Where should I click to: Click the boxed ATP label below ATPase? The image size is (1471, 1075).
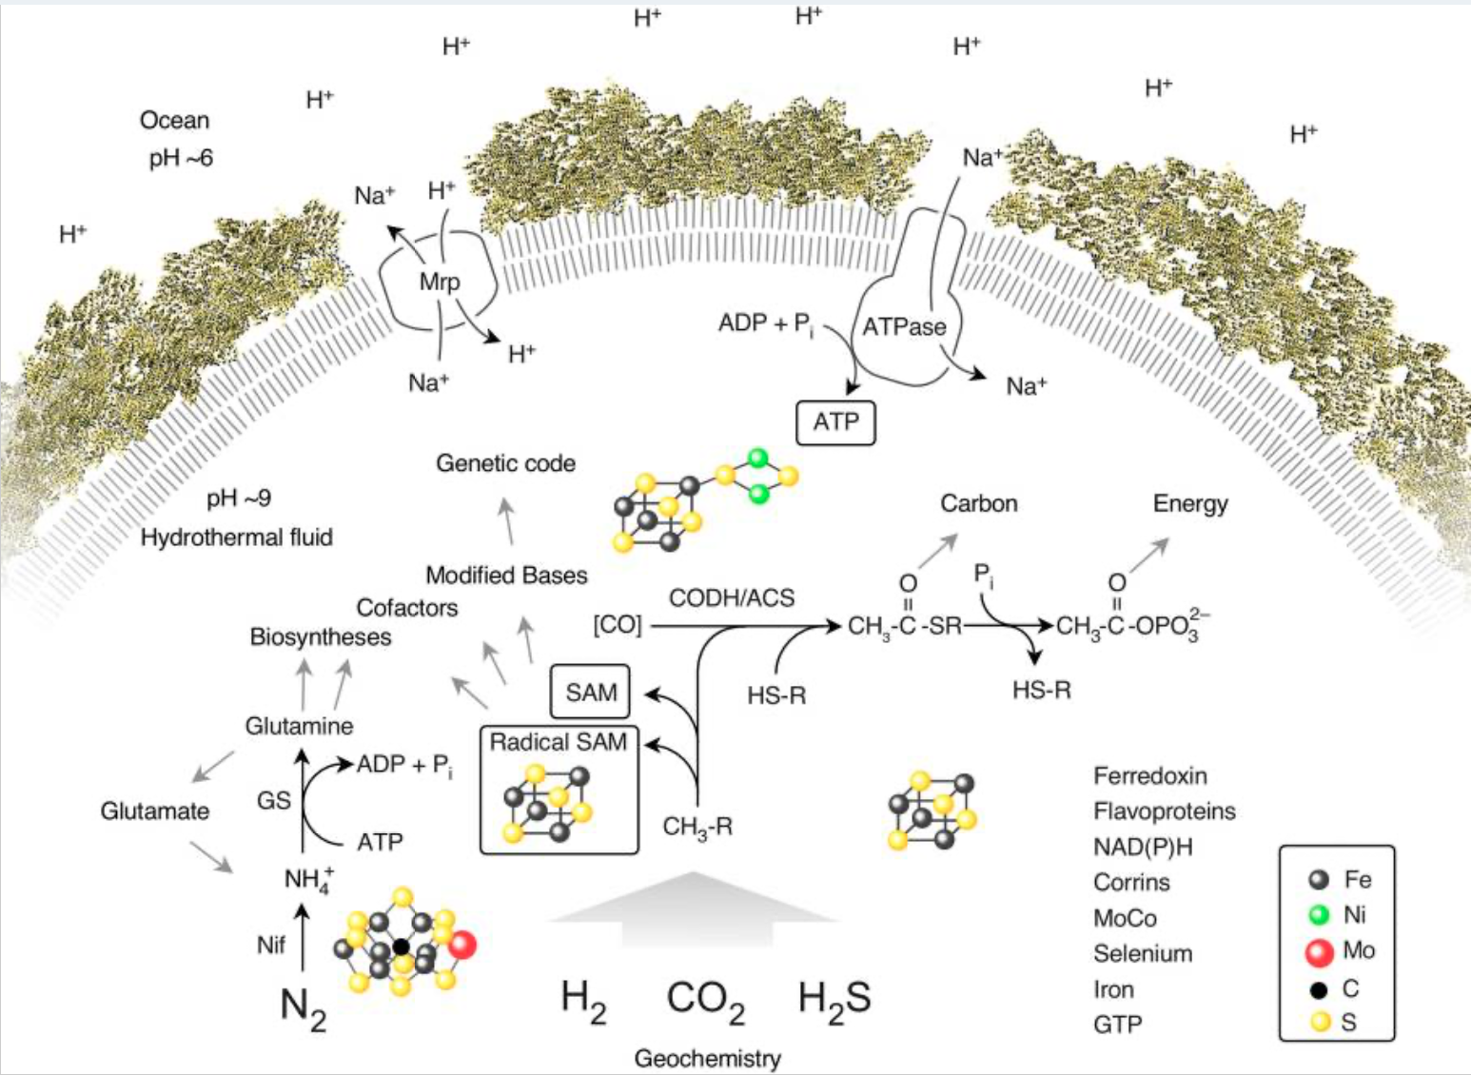click(835, 422)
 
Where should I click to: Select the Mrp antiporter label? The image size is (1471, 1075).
click(439, 282)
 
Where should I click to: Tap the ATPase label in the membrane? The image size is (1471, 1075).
click(904, 327)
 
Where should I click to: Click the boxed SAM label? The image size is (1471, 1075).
click(591, 692)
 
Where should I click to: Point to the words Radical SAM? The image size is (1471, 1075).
click(559, 742)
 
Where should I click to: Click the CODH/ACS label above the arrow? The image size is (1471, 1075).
click(731, 597)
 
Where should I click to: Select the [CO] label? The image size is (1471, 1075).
click(618, 625)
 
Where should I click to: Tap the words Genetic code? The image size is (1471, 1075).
click(505, 463)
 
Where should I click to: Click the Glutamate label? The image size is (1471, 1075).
click(154, 811)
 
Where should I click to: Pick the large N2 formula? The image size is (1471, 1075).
click(304, 1007)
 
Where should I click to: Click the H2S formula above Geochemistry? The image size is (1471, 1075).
click(834, 999)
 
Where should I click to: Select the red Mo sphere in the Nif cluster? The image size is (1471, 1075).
click(462, 945)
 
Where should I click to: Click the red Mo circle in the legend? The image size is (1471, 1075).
click(1319, 951)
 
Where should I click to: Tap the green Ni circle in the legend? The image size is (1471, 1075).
click(1319, 915)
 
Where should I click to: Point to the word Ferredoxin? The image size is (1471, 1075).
click(1149, 776)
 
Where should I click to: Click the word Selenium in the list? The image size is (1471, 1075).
click(1142, 954)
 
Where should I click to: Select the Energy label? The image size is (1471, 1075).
click(1189, 504)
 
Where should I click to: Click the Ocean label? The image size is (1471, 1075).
click(174, 121)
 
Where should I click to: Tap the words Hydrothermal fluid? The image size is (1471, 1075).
click(237, 537)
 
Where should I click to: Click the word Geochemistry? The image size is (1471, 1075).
click(707, 1058)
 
